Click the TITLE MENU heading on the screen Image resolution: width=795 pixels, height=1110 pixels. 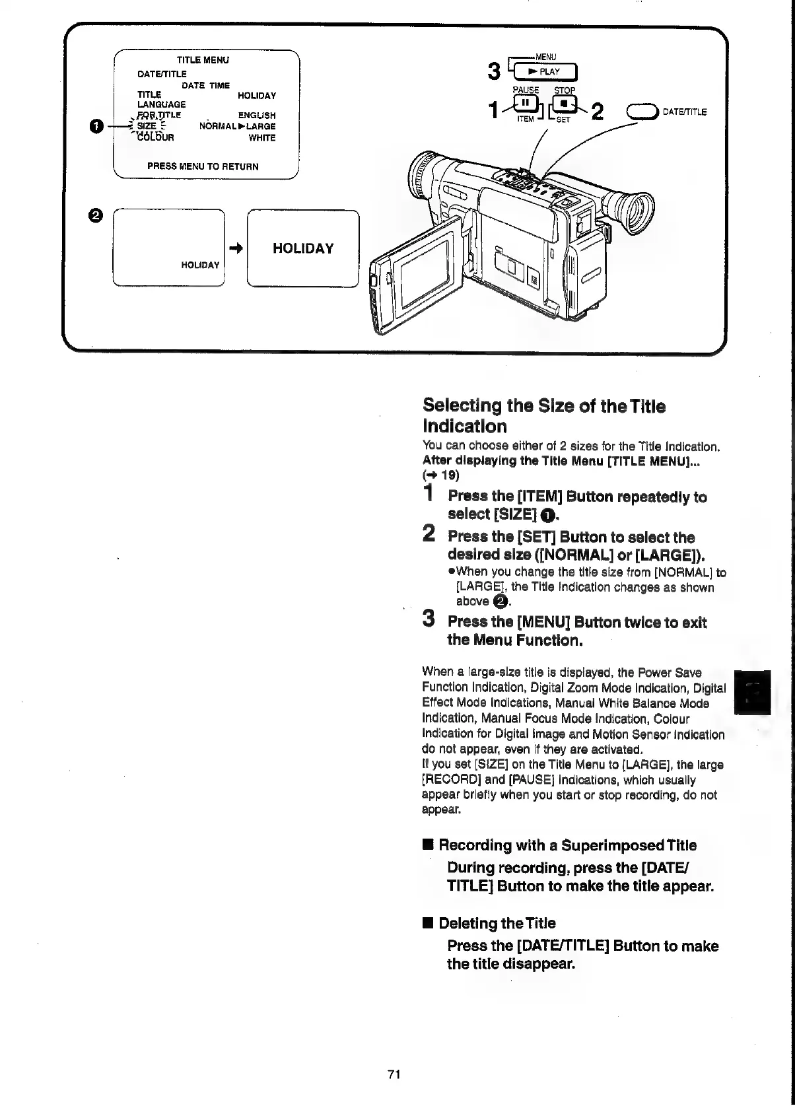click(202, 60)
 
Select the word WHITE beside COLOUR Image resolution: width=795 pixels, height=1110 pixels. click(262, 138)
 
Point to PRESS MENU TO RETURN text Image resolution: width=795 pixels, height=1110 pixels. click(203, 166)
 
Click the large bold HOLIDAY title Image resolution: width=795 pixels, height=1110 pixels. click(303, 249)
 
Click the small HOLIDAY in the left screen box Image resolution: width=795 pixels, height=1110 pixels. click(200, 265)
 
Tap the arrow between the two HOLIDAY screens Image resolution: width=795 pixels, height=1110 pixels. click(235, 248)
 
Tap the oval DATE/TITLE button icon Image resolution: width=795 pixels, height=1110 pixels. click(645, 112)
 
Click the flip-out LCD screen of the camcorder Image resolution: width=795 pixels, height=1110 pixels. click(422, 270)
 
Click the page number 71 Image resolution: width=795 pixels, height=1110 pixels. click(394, 1074)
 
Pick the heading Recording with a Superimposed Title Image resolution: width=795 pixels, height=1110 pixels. click(567, 845)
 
